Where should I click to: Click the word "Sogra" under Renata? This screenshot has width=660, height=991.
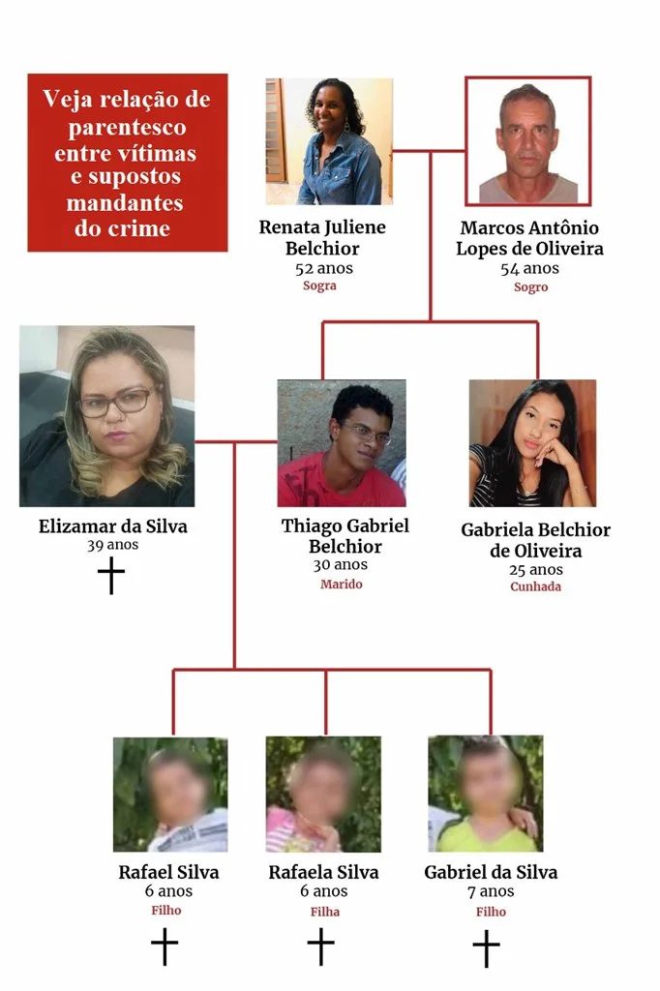tap(319, 285)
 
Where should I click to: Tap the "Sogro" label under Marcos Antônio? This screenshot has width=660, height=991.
tap(530, 286)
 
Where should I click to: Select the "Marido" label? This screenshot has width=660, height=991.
tap(342, 584)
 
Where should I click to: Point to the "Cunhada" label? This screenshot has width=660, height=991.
tap(535, 586)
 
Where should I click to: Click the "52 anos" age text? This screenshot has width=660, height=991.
tap(323, 268)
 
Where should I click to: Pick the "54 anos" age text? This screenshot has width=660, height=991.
tap(529, 269)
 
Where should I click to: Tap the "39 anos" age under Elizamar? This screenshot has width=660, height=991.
tap(112, 545)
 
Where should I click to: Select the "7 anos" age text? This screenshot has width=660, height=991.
tap(491, 891)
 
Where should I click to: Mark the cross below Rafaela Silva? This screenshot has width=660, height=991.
tap(320, 946)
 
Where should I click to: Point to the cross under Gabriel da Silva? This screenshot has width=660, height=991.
tap(486, 948)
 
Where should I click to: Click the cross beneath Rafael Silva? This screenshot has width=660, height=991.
tap(165, 946)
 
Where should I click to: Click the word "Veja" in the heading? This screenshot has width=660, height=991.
tap(65, 100)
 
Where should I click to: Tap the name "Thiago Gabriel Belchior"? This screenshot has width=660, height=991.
tap(345, 536)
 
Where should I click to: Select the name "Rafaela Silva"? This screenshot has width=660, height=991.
tap(323, 872)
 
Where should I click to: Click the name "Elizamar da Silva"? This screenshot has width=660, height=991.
tap(112, 526)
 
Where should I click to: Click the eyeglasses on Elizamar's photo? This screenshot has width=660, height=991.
tap(117, 403)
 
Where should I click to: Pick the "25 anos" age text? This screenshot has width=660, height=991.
tap(536, 570)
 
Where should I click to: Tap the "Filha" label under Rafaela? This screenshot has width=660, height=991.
tap(325, 912)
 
